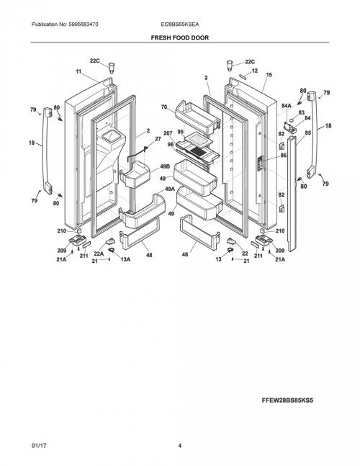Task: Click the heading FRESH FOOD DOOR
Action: tap(180, 37)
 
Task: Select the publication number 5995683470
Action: tap(84, 24)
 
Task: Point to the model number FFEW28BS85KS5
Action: tap(287, 400)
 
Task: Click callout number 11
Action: tap(78, 71)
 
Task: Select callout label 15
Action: tap(269, 75)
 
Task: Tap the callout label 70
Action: tap(164, 107)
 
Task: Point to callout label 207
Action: tap(168, 133)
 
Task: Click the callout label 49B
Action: tap(165, 166)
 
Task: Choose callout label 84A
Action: tap(287, 105)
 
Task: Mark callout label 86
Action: tap(284, 155)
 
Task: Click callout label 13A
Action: tap(125, 259)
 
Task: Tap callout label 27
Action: tap(158, 139)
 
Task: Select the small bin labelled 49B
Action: tap(135, 174)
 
